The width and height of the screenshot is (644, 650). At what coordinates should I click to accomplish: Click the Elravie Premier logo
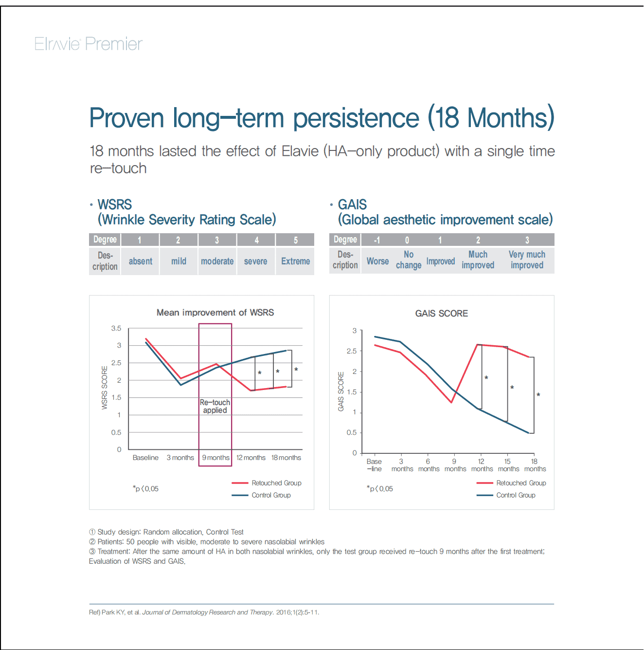tap(88, 44)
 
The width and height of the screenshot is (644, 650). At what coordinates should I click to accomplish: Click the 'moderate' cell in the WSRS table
tap(217, 261)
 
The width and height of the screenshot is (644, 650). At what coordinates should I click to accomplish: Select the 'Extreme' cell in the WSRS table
tap(295, 261)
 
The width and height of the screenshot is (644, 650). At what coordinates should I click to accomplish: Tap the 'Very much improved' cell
tap(527, 260)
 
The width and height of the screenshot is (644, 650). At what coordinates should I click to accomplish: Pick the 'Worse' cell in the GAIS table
tap(377, 261)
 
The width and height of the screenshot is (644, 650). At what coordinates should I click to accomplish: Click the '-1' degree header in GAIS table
tap(377, 240)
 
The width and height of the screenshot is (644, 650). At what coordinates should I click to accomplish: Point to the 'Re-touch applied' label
tap(215, 407)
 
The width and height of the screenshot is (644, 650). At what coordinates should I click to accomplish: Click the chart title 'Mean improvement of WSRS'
tap(215, 313)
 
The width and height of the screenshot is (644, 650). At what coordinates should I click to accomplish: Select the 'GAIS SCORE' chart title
tap(441, 314)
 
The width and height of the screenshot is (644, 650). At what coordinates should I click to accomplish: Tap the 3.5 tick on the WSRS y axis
tap(116, 329)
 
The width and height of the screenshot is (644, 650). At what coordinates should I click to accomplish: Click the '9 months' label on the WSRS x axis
tap(215, 458)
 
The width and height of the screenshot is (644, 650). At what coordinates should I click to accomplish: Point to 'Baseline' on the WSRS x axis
tap(145, 458)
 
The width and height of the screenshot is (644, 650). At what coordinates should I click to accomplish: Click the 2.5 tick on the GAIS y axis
tap(351, 351)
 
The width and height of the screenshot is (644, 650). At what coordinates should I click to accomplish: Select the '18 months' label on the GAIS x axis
tap(535, 465)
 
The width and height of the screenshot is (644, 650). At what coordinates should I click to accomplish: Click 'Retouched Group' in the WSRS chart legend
tap(276, 483)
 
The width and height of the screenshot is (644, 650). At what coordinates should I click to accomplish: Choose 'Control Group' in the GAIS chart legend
tap(516, 495)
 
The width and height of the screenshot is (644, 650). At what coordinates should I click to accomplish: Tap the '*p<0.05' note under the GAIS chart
tap(380, 489)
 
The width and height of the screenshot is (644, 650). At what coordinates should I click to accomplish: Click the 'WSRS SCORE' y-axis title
tap(105, 388)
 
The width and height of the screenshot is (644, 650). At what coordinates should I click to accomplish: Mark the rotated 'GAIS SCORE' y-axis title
tap(341, 391)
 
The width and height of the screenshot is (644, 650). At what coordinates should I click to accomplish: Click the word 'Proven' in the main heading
tap(127, 118)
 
